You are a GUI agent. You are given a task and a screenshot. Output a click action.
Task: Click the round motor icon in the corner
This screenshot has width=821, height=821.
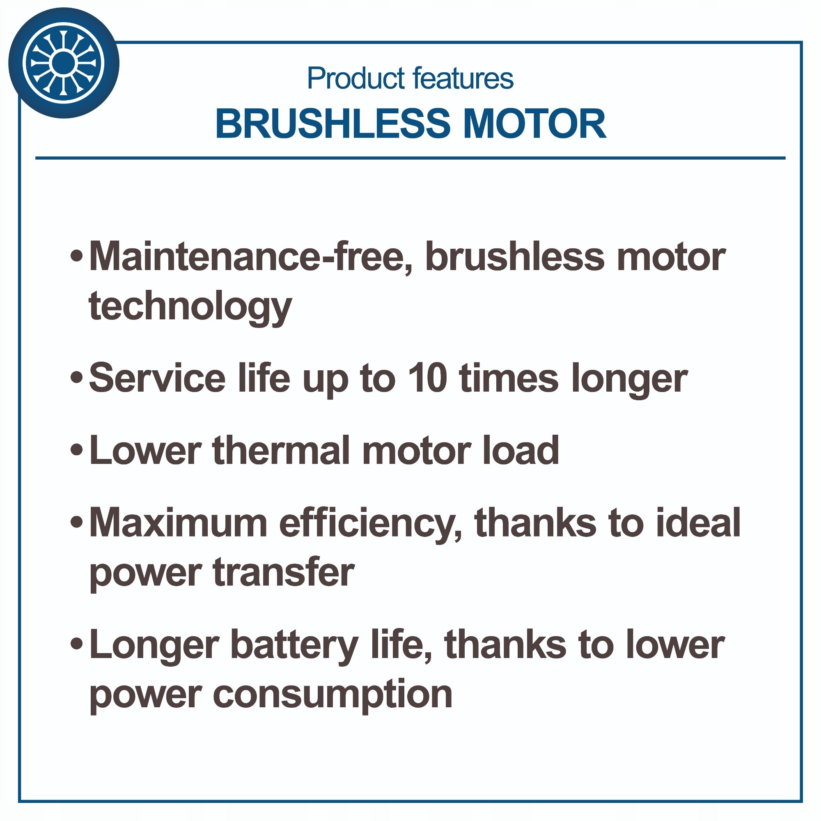click(x=64, y=63)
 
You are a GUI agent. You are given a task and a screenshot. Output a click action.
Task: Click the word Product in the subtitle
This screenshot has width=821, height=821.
click(x=356, y=79)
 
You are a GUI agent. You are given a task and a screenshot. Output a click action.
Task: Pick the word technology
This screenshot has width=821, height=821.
click(x=190, y=306)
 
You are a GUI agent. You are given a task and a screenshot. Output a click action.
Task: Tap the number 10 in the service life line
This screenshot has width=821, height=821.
click(x=427, y=378)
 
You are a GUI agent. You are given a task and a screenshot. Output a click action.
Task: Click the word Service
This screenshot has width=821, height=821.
click(x=157, y=378)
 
